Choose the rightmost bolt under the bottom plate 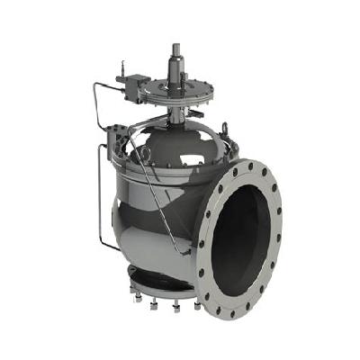196,305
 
